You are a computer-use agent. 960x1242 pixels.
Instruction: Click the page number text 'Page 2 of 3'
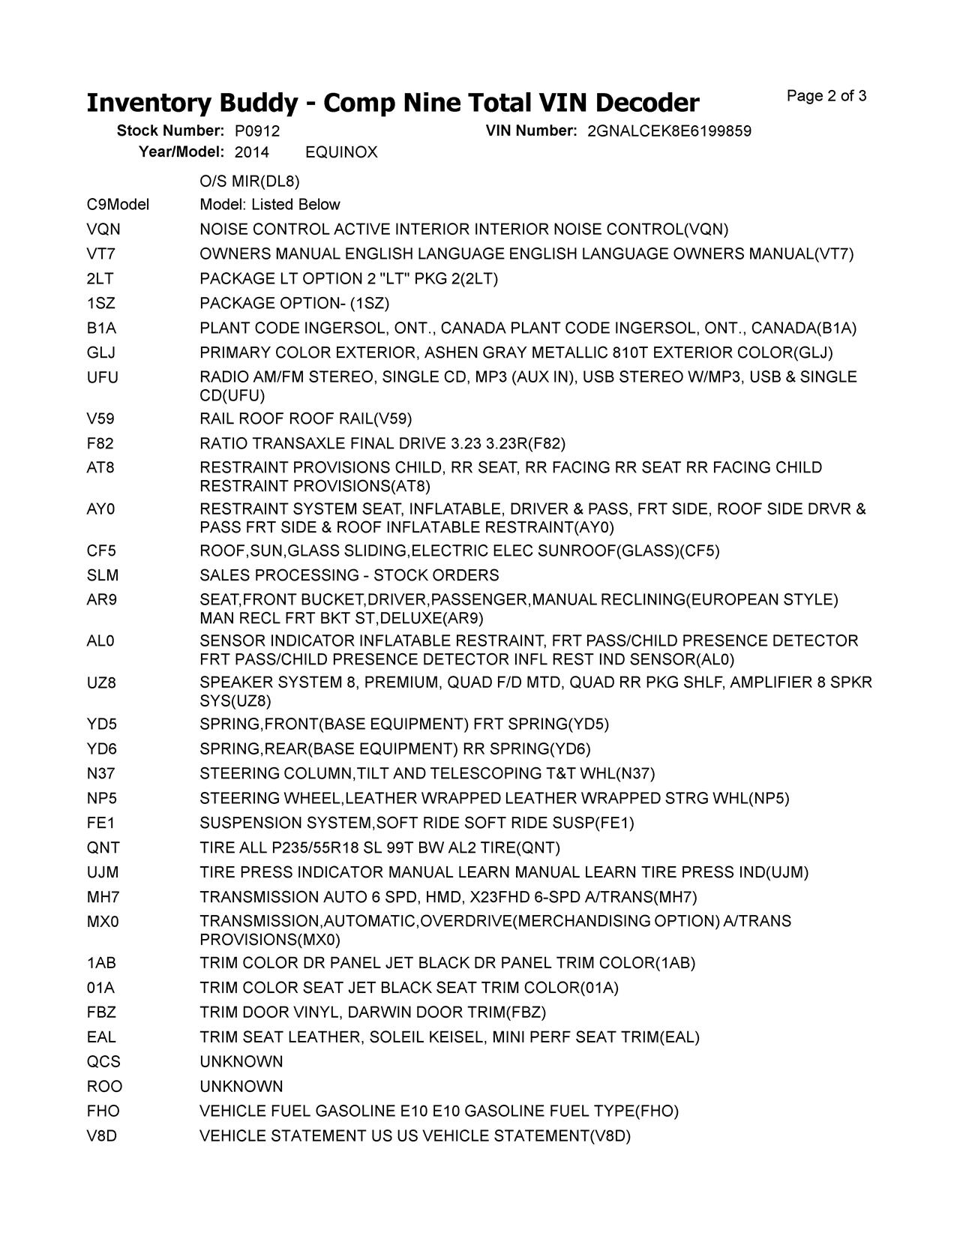point(826,96)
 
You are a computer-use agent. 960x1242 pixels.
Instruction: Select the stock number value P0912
point(257,131)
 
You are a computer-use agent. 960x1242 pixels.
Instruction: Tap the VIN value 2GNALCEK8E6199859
point(669,131)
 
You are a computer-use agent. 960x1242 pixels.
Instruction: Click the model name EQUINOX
point(341,153)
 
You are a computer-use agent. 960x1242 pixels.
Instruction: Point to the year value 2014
point(251,153)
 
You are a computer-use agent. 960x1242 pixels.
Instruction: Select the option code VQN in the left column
point(103,229)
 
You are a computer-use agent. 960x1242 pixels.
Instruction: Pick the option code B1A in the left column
point(101,328)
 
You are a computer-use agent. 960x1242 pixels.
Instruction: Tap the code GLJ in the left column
point(101,353)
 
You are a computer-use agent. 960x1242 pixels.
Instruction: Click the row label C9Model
point(118,205)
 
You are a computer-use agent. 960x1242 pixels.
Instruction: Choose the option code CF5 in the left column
point(101,551)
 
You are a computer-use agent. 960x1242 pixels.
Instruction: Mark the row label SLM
point(103,576)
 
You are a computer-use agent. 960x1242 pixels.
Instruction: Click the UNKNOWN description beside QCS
point(241,1062)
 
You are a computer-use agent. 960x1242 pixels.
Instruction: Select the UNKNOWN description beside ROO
point(241,1087)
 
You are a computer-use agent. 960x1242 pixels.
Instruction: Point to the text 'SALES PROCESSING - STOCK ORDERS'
point(349,576)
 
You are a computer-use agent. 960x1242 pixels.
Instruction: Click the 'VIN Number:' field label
point(531,131)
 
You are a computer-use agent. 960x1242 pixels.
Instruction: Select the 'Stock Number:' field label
point(170,131)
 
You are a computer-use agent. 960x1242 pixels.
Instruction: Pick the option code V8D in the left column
point(102,1136)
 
